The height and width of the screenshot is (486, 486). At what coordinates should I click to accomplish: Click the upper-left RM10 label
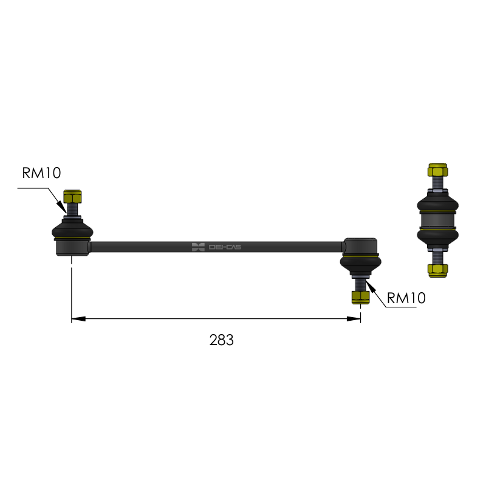[41, 173]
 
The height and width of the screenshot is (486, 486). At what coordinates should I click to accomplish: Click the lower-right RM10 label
[406, 298]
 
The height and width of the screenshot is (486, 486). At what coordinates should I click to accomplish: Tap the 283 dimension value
[221, 340]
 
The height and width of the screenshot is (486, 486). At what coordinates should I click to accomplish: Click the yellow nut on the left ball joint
[72, 196]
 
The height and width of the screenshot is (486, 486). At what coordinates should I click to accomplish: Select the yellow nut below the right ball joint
[361, 297]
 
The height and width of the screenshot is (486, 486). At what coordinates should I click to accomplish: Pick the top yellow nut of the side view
[437, 170]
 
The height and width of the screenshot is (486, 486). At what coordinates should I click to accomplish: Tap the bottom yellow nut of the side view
[437, 270]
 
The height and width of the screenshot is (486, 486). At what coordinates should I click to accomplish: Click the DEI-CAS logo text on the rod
[225, 247]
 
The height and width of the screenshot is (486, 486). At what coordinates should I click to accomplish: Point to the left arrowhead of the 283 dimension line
[78, 318]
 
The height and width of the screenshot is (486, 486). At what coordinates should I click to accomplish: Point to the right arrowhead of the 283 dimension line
[354, 318]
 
